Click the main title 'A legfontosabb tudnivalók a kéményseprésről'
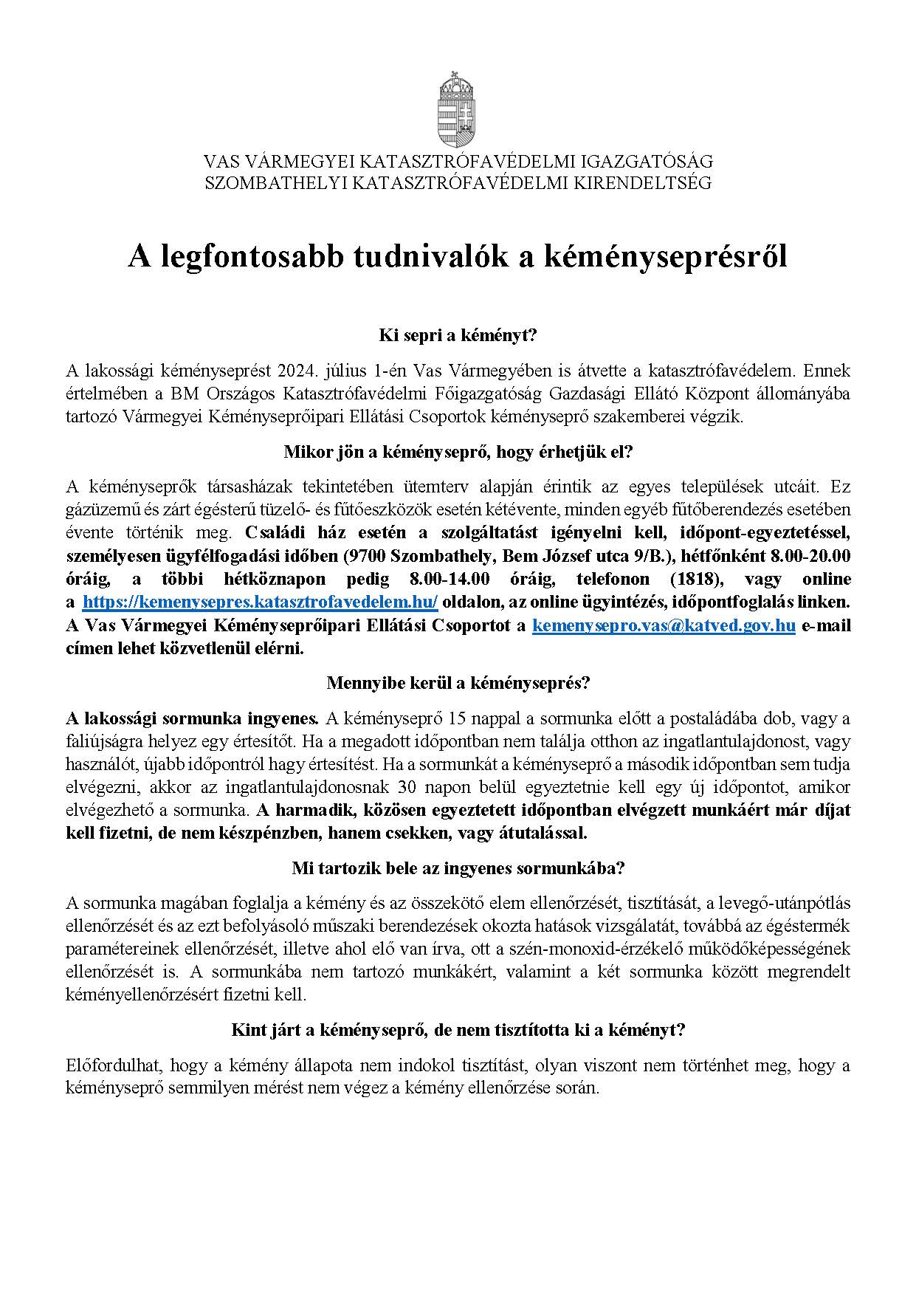[458, 256]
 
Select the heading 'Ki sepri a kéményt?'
[458, 336]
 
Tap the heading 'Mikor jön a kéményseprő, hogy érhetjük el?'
[458, 453]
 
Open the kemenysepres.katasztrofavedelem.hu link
[261, 602]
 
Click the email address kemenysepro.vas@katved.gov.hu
[664, 625]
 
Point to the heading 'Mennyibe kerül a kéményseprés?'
[458, 683]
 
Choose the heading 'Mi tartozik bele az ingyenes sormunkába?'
[458, 868]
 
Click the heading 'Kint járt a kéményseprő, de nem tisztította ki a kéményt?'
[458, 1030]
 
